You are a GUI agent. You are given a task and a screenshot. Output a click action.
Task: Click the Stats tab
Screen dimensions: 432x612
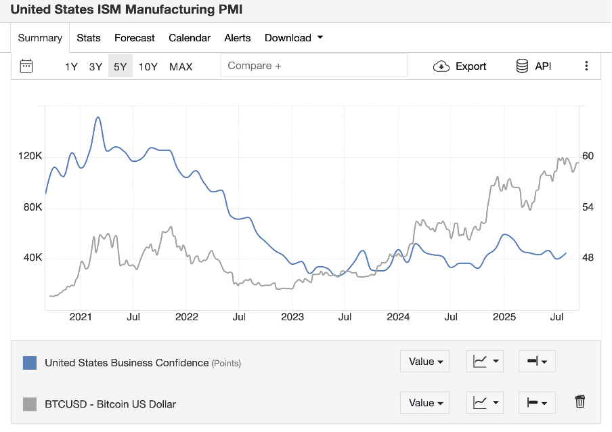tap(89, 38)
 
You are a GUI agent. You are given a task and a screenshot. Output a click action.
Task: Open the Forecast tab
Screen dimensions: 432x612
tap(135, 38)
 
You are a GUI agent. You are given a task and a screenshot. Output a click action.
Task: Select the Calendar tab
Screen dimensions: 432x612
tap(190, 38)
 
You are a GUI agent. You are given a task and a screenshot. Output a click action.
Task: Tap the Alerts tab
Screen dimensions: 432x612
tap(238, 38)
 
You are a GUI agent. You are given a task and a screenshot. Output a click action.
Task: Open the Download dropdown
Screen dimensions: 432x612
tap(294, 38)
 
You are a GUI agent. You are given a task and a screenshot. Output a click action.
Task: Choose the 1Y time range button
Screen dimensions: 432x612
tap(71, 66)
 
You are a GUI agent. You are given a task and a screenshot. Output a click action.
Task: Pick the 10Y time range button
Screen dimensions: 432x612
tap(148, 66)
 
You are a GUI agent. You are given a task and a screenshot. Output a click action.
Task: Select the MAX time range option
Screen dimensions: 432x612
tap(181, 66)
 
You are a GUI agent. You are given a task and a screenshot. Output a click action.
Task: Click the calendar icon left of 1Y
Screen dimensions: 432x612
tap(26, 66)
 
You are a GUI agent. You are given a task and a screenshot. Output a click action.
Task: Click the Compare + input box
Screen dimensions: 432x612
tap(314, 66)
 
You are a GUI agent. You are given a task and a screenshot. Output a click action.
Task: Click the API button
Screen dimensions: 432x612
tap(533, 66)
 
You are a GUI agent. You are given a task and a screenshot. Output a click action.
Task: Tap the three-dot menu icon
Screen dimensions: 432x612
tap(586, 66)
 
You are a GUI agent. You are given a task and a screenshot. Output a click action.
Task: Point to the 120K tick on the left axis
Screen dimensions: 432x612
tap(30, 156)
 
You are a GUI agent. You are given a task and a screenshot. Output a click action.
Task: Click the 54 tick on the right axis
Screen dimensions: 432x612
tap(588, 207)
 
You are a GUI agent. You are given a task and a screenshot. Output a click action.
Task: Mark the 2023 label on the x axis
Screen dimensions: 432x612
tap(292, 317)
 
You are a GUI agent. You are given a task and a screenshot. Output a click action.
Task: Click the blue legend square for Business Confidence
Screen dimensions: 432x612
tap(30, 362)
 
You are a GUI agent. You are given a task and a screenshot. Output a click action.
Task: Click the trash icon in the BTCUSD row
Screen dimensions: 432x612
tap(580, 402)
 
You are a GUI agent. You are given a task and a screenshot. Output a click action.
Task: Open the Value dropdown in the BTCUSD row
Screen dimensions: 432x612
tap(425, 403)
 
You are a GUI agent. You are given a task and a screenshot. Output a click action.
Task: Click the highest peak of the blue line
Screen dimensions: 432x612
tap(98, 118)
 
